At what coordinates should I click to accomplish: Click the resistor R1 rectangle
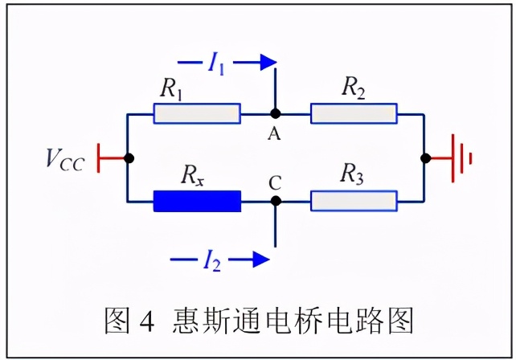pos(197,114)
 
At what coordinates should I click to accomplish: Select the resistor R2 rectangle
pos(354,114)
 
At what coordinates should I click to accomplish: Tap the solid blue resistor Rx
pos(197,201)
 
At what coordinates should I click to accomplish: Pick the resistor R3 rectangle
pos(354,201)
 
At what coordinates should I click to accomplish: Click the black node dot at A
pos(275,114)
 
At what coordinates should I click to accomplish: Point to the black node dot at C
pos(275,201)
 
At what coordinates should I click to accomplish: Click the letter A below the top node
pos(274,134)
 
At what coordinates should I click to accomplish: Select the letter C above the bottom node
pos(275,182)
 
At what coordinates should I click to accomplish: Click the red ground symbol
pos(459,157)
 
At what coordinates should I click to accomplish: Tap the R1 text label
pos(170,89)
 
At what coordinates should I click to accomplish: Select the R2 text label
pos(354,88)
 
